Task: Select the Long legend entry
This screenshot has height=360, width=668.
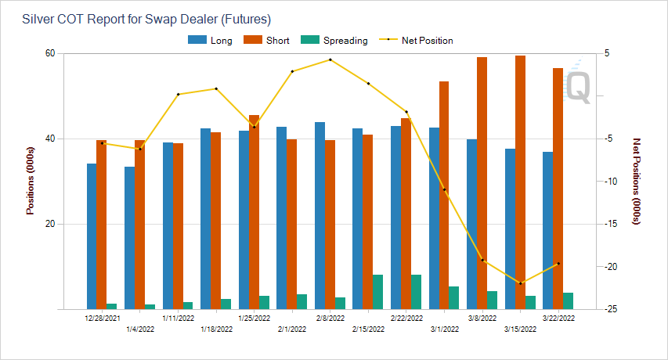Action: click(x=211, y=40)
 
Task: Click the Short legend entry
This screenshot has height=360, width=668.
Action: click(x=271, y=40)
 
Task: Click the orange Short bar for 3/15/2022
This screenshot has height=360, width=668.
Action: click(x=520, y=182)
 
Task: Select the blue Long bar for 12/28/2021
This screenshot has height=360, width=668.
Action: click(x=92, y=236)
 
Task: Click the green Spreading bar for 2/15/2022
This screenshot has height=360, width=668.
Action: click(x=377, y=292)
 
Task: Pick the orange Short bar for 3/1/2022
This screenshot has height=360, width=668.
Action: click(x=444, y=195)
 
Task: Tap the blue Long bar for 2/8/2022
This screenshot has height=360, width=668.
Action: click(x=320, y=215)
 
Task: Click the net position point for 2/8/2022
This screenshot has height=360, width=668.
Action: click(x=330, y=59)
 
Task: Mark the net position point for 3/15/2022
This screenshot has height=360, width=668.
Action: click(x=520, y=283)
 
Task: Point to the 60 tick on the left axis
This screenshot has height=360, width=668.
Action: click(x=49, y=53)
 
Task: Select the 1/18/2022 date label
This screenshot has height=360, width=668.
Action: click(x=215, y=329)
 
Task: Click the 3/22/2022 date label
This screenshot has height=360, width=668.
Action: click(x=558, y=319)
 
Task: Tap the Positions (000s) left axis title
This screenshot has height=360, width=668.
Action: click(x=30, y=181)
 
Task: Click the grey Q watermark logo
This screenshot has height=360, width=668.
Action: click(x=578, y=83)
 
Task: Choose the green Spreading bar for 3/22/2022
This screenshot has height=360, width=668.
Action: click(x=568, y=301)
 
